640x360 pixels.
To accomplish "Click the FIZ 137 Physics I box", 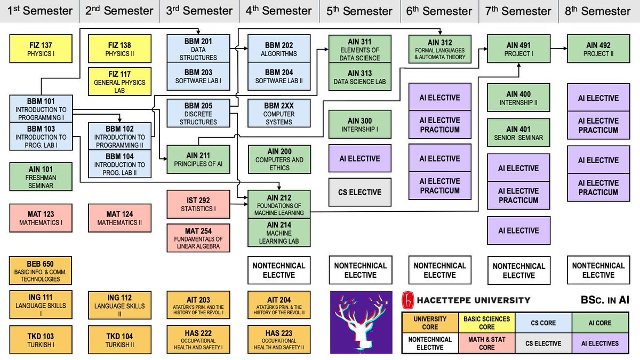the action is point(41,49).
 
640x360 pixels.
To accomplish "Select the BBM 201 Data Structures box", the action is point(198,49).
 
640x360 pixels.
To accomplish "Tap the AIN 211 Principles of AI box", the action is point(198,159).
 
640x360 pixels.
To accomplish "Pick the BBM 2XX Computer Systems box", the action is point(279,113).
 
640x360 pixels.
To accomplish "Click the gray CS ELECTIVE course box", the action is point(359,193).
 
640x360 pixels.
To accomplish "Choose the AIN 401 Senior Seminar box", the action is point(518,133).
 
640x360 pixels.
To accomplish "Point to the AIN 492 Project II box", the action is point(598,49).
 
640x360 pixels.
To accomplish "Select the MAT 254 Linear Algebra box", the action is point(198,238).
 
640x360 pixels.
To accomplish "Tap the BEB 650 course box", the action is point(41,270).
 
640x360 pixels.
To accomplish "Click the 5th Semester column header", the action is point(359,11).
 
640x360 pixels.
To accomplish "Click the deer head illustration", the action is point(361,322).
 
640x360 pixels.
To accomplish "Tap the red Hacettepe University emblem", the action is point(407,300).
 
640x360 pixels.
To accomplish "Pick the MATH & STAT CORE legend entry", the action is point(487,343).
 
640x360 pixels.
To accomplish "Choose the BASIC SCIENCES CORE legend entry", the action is point(487,323).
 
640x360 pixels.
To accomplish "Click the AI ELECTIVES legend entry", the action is point(600,343).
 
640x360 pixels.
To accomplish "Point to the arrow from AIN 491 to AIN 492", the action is point(558,49).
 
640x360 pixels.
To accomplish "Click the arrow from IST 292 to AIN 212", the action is point(239,204).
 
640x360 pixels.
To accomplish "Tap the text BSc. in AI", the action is point(605,300).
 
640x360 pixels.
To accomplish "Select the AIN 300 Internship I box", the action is point(359,125).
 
